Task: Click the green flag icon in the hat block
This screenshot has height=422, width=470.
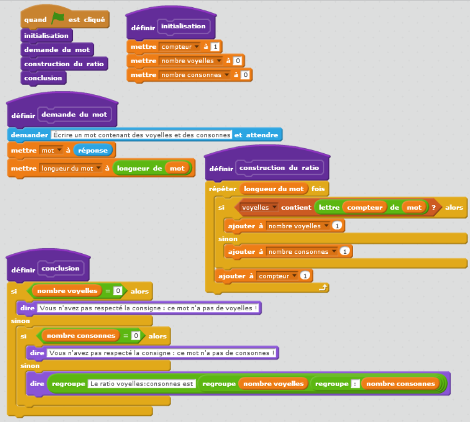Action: (58, 19)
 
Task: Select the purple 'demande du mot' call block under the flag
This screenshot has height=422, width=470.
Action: (57, 50)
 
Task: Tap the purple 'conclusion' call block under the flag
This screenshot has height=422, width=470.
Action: (43, 78)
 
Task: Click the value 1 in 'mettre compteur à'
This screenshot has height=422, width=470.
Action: (215, 47)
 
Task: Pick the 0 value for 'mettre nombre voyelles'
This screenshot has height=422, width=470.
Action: (237, 61)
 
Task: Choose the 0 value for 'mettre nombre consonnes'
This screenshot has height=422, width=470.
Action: (245, 75)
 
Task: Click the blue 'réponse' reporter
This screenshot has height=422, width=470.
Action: (93, 150)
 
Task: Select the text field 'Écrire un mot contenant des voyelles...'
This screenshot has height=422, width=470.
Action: (141, 135)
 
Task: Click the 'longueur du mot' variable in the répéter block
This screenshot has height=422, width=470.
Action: (274, 189)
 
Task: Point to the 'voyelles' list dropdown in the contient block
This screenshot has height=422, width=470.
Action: (259, 208)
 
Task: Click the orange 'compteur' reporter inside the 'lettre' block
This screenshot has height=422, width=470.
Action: (365, 208)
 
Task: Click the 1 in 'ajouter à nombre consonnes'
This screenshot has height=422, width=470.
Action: (345, 252)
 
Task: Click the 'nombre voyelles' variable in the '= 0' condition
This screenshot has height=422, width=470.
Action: (67, 291)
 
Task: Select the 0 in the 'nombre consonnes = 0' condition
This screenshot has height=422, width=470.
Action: (135, 336)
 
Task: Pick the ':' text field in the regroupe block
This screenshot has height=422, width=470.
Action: (355, 384)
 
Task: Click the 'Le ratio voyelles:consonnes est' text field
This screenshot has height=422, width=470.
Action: (142, 384)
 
